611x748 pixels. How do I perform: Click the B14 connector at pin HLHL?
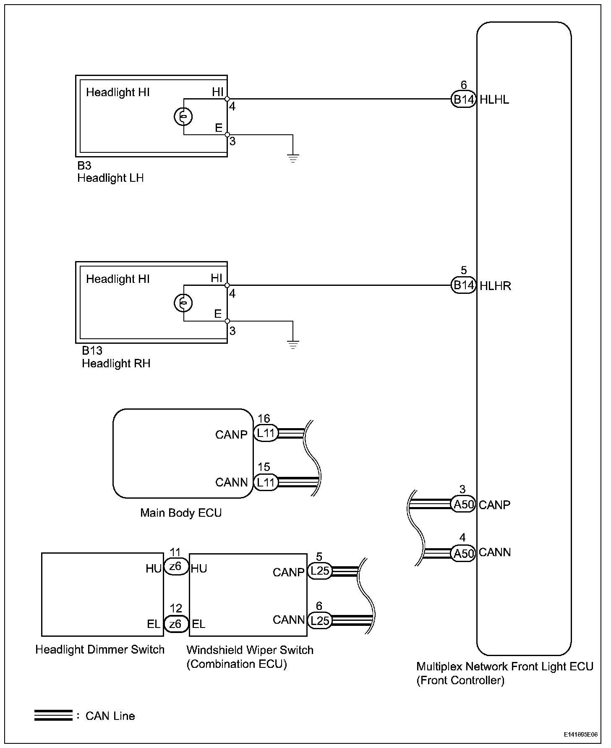463,99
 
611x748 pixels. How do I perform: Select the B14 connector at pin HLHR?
463,285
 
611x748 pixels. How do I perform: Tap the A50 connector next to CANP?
463,504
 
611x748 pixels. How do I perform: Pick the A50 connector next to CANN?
463,553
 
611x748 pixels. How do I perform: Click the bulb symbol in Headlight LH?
183,116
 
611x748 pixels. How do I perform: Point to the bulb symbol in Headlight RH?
183,303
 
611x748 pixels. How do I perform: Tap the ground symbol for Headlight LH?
293,158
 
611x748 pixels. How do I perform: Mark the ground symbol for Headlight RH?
293,345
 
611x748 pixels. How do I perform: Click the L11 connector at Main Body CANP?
266,433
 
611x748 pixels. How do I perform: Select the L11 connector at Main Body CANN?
266,482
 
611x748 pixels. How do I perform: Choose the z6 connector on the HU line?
175,567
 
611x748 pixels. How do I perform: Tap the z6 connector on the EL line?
175,624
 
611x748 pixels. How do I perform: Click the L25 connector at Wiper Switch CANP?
319,571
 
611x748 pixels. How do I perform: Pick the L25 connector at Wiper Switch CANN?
319,620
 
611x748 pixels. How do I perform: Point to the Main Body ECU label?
181,513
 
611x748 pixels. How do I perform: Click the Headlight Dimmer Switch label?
100,649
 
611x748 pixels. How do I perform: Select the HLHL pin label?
494,100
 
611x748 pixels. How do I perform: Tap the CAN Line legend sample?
53,715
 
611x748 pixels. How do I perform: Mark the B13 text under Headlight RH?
92,350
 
